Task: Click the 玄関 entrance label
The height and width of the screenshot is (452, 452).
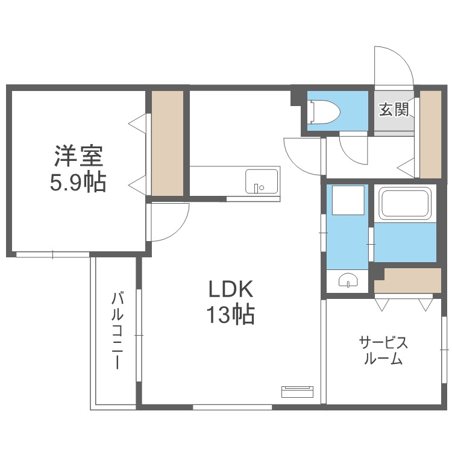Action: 394,110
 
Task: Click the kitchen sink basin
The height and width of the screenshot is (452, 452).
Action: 262,180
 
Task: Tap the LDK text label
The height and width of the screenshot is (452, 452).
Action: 231,289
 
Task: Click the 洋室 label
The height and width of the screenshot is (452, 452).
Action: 78,156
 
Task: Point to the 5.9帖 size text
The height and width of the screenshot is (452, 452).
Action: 78,181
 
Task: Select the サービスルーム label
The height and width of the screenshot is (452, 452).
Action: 383,351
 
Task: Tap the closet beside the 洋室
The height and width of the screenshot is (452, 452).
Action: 167,143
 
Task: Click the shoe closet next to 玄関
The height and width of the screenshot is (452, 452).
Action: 430,133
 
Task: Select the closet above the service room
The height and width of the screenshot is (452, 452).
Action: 413,280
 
